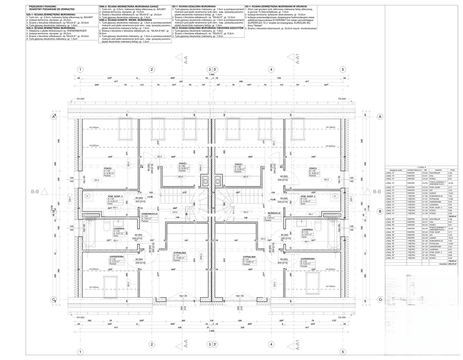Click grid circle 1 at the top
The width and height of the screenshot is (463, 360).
pyautogui.click(x=80, y=69)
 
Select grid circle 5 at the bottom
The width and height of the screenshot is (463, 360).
pyautogui.click(x=343, y=351)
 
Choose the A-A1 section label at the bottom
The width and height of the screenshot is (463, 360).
pyautogui.click(x=296, y=345)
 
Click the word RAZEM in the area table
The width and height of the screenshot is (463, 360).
pyautogui.click(x=442, y=263)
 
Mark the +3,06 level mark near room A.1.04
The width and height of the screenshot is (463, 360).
pyautogui.click(x=150, y=197)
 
